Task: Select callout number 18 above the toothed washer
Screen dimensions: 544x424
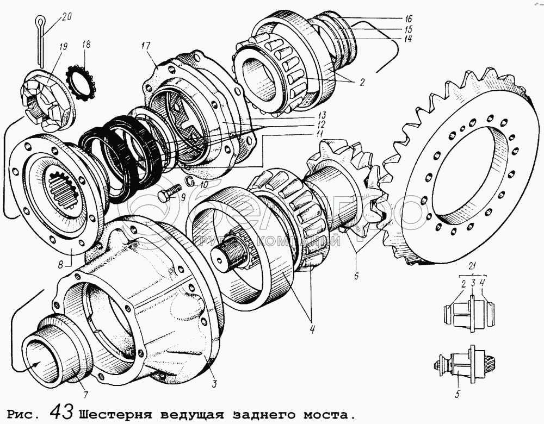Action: pyautogui.click(x=86, y=45)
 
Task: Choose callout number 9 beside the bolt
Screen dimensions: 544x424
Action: pyautogui.click(x=183, y=198)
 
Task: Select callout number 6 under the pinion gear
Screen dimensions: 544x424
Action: pyautogui.click(x=356, y=276)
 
